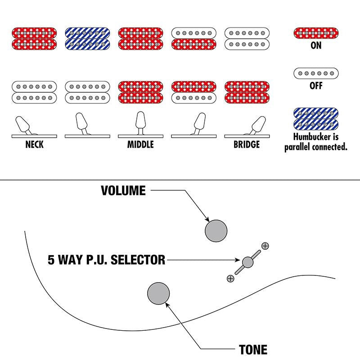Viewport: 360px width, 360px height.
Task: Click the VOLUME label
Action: click(123, 190)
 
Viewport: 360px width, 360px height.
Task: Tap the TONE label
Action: click(253, 350)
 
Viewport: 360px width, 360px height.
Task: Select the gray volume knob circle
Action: click(216, 231)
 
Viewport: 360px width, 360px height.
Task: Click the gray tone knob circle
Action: click(158, 293)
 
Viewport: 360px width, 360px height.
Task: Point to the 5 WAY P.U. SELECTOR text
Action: click(106, 260)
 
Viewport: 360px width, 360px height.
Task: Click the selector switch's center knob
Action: click(248, 262)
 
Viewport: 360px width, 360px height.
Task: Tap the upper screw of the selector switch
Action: click(265, 246)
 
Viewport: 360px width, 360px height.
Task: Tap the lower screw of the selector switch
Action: click(230, 279)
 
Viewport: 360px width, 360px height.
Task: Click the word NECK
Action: click(34, 144)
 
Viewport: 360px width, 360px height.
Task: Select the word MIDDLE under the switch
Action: click(140, 144)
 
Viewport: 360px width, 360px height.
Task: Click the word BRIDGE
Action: click(247, 144)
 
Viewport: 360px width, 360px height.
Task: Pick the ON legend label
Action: click(316, 45)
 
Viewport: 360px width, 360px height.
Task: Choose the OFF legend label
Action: click(316, 85)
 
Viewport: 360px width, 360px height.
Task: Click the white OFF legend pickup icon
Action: click(316, 73)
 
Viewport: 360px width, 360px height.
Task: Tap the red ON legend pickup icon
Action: click(316, 33)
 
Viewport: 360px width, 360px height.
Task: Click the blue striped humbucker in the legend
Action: click(316, 119)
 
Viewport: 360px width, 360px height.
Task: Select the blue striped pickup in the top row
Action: click(87, 39)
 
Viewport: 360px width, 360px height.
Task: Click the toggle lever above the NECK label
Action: click(23, 125)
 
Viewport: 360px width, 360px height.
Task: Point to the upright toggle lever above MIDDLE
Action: click(140, 122)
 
